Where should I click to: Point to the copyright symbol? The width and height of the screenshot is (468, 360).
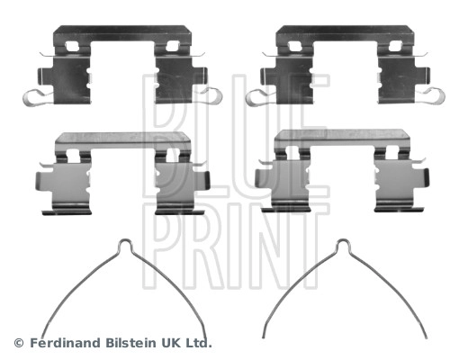18,343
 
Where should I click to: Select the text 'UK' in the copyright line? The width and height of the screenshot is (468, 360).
175,343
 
